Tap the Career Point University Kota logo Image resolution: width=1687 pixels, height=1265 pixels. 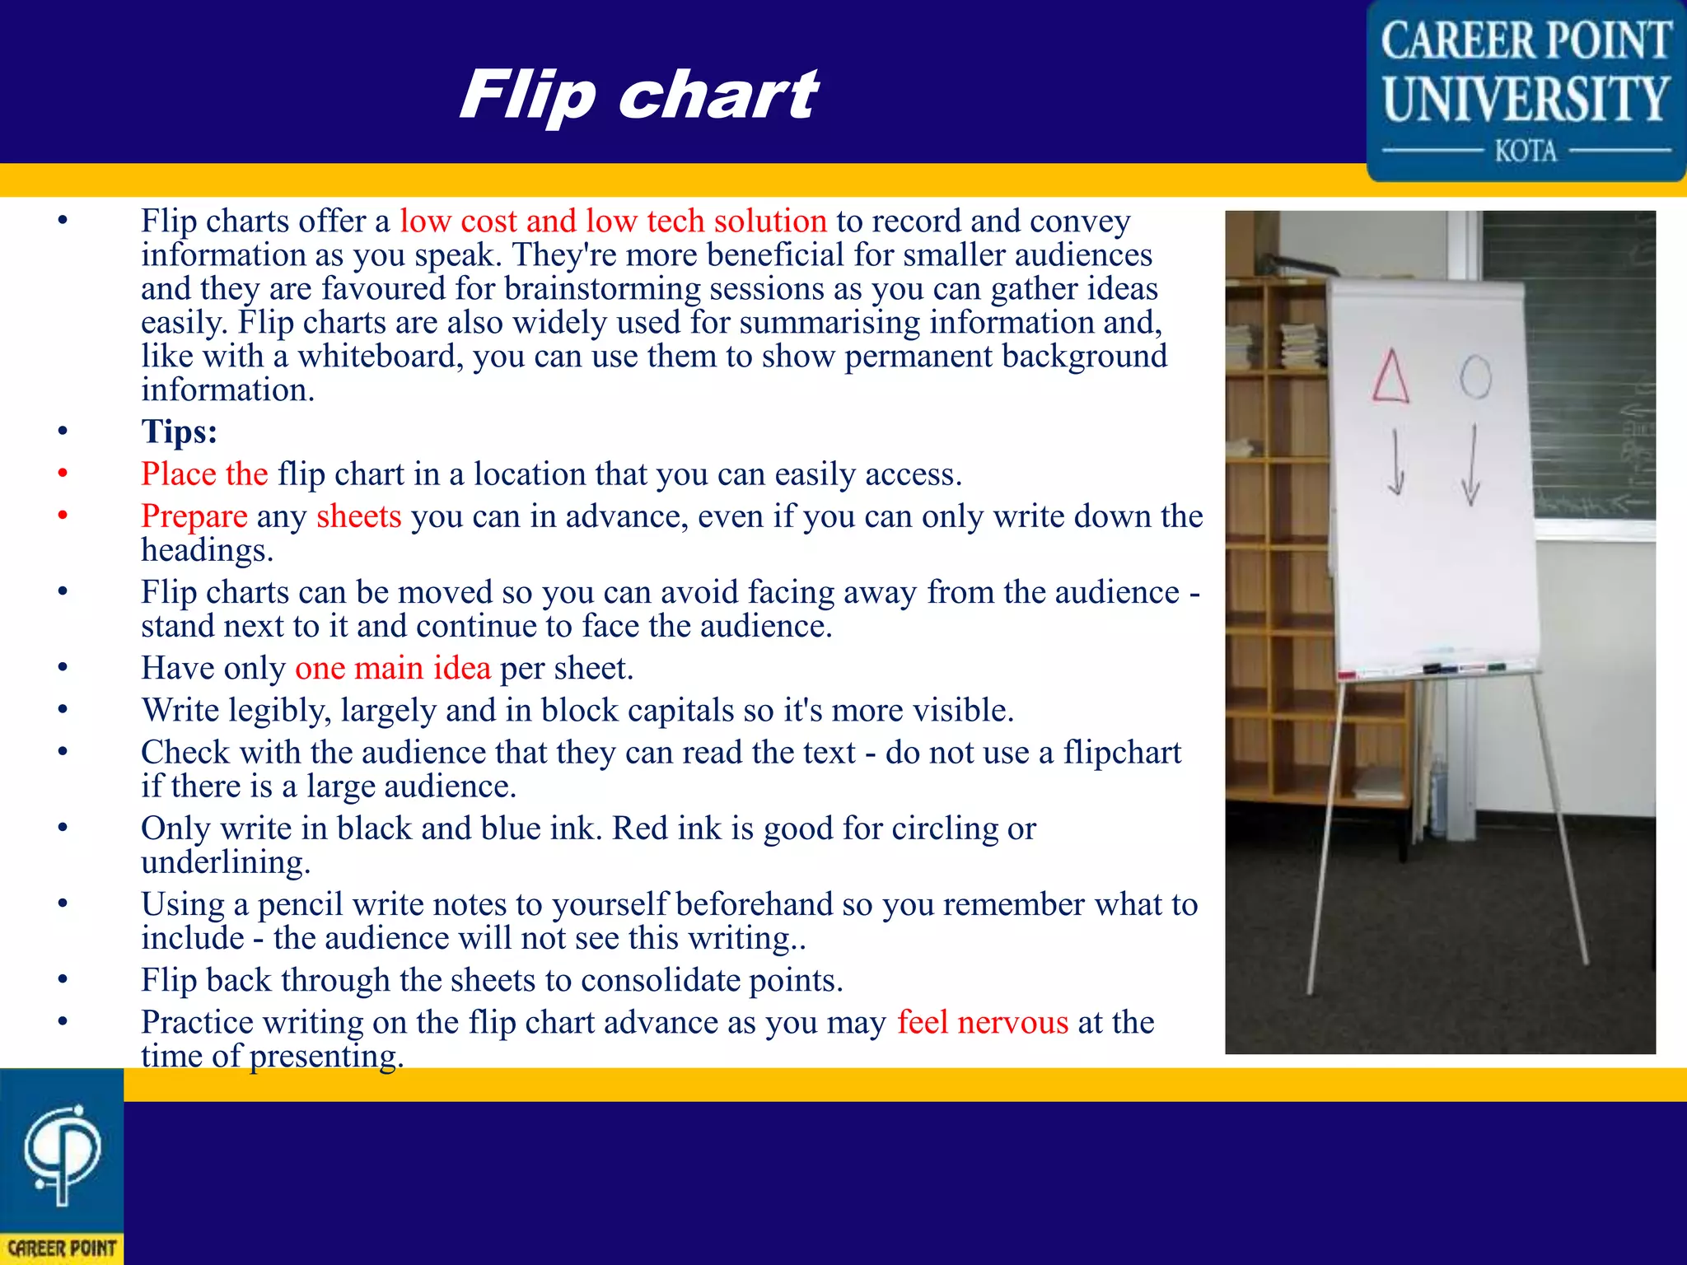[1526, 91]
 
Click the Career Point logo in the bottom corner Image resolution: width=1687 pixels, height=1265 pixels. [62, 1165]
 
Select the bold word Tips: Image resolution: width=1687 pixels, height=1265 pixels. [179, 432]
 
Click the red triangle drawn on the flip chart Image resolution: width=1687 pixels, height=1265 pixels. [1390, 376]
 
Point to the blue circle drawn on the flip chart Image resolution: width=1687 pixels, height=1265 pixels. [1475, 377]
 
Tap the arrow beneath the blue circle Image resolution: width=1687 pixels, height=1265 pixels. [1472, 465]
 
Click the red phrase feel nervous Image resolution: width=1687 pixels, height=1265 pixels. [983, 1022]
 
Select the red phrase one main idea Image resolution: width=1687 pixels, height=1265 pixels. [393, 668]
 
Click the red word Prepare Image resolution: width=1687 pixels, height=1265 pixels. [194, 516]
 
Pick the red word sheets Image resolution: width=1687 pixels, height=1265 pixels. [359, 516]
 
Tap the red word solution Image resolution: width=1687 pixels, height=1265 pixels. [770, 221]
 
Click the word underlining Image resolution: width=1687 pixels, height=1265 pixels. [225, 862]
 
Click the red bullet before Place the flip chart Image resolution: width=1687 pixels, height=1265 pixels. [63, 474]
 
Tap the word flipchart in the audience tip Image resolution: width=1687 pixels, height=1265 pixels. [1122, 752]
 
